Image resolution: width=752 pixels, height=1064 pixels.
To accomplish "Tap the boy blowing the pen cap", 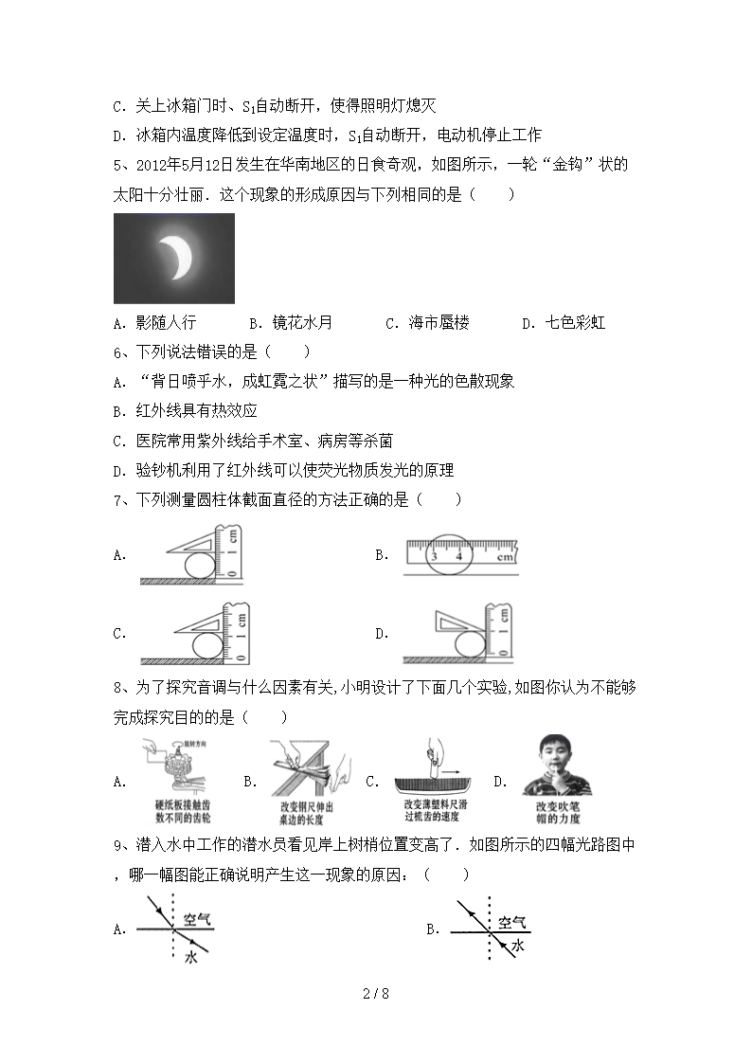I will (x=552, y=768).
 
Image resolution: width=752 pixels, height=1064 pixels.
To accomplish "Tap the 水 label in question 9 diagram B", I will (x=517, y=947).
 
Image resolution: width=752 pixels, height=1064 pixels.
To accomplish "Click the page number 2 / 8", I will (x=376, y=994).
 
